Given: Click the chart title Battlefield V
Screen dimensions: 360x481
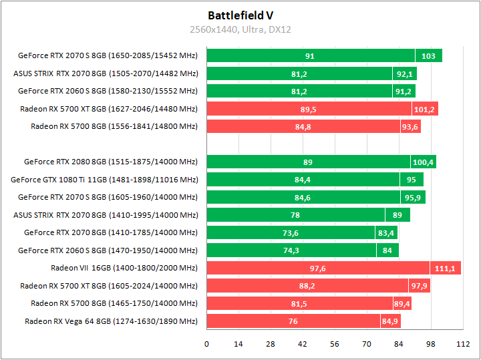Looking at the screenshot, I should coord(240,15).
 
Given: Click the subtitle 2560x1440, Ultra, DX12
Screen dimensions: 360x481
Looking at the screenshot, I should coord(240,29).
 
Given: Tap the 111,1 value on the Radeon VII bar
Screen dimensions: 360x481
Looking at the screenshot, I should coord(444,268).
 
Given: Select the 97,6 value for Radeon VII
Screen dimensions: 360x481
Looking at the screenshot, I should coord(318,268).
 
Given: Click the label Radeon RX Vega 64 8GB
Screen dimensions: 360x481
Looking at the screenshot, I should coord(111,321).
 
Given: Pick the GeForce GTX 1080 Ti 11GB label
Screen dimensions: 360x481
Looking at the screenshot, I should coord(104,179).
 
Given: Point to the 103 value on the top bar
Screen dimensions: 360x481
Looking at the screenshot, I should coord(428,56).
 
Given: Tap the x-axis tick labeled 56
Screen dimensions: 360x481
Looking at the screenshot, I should coord(335,344).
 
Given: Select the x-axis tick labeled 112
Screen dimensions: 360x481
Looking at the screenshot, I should coord(462,344).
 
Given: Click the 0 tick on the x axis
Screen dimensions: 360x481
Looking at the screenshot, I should coord(206,344).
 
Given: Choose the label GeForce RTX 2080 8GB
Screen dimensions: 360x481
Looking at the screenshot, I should coord(110,162).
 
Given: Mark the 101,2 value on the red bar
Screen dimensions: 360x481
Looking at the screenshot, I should coord(424,109).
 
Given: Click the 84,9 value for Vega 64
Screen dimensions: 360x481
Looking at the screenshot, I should coord(390,322).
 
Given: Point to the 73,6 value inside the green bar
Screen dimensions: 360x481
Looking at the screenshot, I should coord(291,233).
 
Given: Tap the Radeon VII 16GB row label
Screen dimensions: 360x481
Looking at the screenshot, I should coord(124,268).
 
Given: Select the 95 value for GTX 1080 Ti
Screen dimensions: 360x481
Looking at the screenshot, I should coord(411,180).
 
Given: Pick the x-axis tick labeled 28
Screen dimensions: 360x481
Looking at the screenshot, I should coord(271,344).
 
